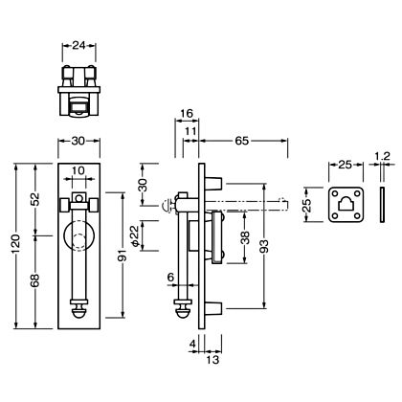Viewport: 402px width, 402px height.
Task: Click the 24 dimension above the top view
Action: [78, 46]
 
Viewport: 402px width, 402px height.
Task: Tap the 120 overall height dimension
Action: [16, 246]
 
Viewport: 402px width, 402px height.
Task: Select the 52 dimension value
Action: [35, 199]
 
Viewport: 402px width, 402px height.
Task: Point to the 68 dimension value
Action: [35, 280]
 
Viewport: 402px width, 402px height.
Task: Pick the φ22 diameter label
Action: [136, 235]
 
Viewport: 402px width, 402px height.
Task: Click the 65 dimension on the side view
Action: [242, 141]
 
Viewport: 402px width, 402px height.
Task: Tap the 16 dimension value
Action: [187, 113]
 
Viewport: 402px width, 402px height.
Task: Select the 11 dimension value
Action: [190, 131]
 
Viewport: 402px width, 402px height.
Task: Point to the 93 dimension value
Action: [264, 246]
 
